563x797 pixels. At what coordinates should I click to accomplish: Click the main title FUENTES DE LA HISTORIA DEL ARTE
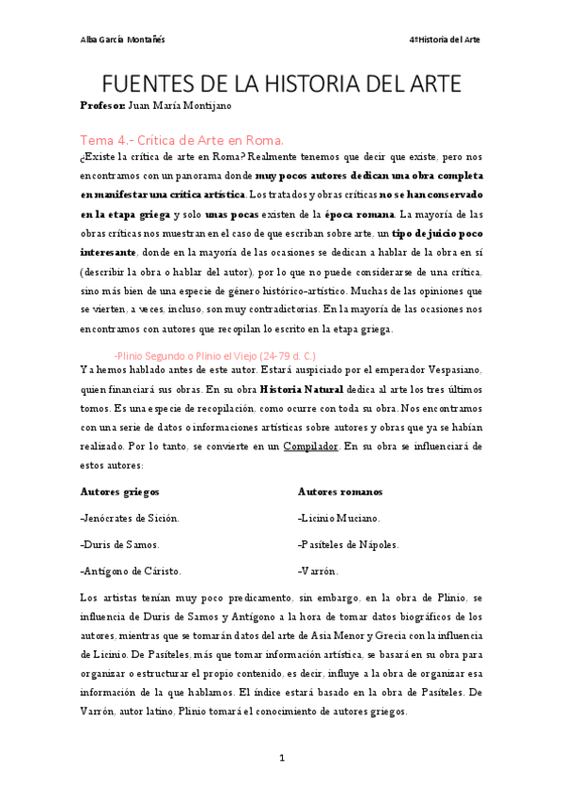[x=281, y=84]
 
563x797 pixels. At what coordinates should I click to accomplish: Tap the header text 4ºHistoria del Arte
[x=445, y=39]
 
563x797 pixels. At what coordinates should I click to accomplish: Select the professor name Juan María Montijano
[x=179, y=107]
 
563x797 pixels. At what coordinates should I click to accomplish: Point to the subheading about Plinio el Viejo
[x=214, y=355]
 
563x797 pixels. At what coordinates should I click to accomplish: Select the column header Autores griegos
[x=119, y=492]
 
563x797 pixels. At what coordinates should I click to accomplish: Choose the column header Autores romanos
[x=339, y=492]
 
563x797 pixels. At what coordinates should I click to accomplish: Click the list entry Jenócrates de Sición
[x=131, y=518]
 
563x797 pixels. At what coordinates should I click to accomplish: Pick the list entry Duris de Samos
[x=120, y=544]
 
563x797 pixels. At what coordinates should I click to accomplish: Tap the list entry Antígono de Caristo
[x=132, y=570]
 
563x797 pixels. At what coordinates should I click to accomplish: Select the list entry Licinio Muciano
[x=339, y=518]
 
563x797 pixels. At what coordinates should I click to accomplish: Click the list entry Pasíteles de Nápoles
[x=348, y=544]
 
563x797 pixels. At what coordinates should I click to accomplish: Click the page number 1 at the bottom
[x=281, y=758]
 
